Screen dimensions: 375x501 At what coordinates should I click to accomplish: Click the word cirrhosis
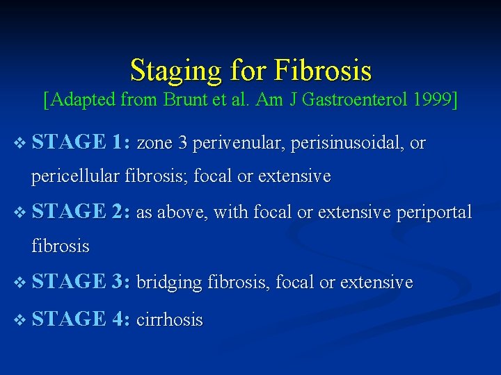click(x=170, y=320)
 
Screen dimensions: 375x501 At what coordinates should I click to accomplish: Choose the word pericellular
click(x=75, y=176)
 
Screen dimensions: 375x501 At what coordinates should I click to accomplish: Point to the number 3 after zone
click(x=182, y=144)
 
